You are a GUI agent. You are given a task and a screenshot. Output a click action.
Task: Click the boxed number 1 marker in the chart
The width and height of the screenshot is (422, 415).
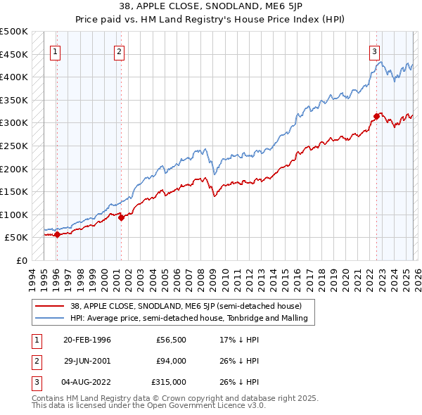tap(55, 51)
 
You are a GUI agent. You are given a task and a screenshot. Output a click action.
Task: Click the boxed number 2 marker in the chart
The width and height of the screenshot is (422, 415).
tap(120, 51)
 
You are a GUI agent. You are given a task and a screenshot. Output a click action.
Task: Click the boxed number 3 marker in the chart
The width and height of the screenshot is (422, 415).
tap(375, 51)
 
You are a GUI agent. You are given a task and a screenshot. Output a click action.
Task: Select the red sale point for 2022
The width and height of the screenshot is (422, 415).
tap(376, 116)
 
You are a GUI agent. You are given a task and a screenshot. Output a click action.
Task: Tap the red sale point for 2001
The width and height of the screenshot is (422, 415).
tap(121, 217)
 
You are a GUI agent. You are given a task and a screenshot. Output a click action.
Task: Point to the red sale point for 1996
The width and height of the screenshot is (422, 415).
tap(57, 234)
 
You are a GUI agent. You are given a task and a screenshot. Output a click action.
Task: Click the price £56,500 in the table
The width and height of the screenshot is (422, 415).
tap(171, 340)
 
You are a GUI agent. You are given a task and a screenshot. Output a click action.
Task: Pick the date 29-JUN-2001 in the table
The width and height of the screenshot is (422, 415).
tap(87, 361)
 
